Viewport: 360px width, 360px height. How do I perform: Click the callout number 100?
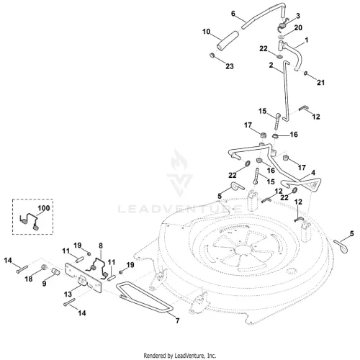(44, 208)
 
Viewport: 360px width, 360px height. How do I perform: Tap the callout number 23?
(230, 66)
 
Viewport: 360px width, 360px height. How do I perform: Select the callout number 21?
(320, 82)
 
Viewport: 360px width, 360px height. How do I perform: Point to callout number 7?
(177, 320)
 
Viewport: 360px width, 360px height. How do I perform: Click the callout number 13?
(68, 294)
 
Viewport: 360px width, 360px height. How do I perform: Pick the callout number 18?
(29, 279)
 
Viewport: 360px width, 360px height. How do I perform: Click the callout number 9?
(44, 284)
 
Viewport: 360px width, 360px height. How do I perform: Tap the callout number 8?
(101, 246)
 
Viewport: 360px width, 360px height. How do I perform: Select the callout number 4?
(313, 173)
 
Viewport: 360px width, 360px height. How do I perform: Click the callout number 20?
(298, 27)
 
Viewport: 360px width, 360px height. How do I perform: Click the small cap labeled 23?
(212, 55)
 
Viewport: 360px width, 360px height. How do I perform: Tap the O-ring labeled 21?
(305, 73)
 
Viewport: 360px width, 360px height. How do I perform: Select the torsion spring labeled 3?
(282, 25)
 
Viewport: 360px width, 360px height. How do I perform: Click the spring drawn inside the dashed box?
(30, 221)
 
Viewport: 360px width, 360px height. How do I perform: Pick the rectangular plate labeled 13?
(84, 278)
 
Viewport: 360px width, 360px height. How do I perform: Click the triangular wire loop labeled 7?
(144, 298)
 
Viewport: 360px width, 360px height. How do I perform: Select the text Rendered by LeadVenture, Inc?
(180, 355)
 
